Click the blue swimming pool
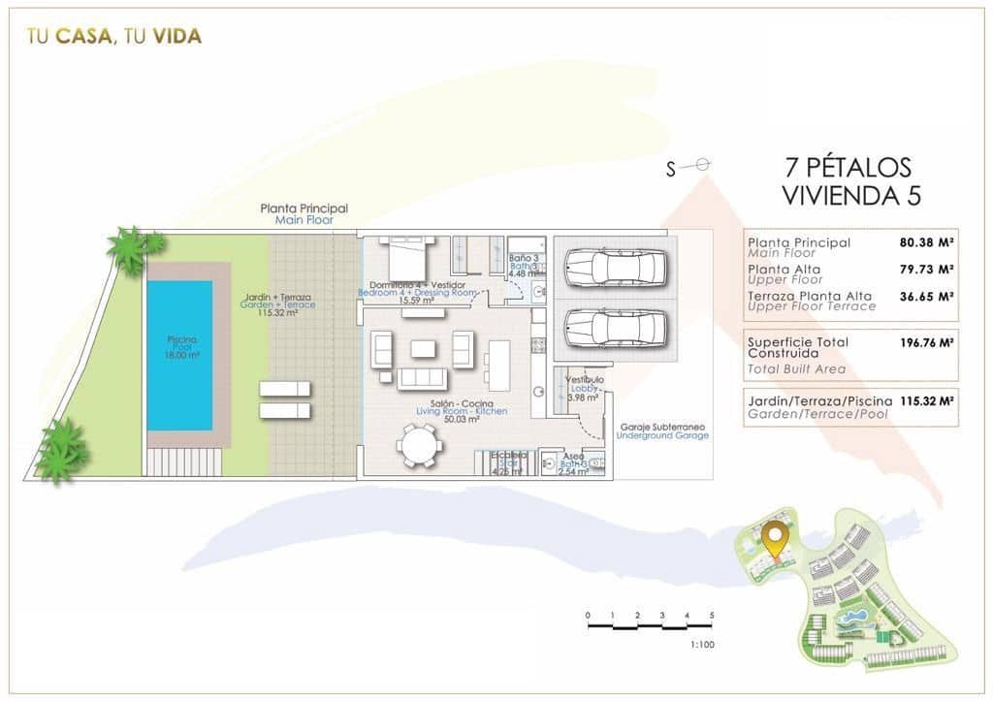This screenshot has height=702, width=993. pyautogui.click(x=179, y=354)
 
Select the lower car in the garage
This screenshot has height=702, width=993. pyautogui.click(x=615, y=327)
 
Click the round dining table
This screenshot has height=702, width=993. pyautogui.click(x=419, y=447)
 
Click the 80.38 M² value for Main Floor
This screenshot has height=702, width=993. pyautogui.click(x=927, y=242)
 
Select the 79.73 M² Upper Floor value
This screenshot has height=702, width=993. pyautogui.click(x=927, y=270)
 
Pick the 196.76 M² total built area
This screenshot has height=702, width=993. pyautogui.click(x=927, y=341)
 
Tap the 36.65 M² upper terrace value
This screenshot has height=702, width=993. pyautogui.click(x=927, y=296)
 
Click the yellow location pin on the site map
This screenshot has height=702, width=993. pyautogui.click(x=773, y=536)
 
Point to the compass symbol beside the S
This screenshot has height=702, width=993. pyautogui.click(x=703, y=166)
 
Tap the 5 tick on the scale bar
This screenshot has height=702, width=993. pyautogui.click(x=712, y=616)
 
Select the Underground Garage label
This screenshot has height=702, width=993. pyautogui.click(x=661, y=435)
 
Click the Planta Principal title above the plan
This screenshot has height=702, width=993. pyautogui.click(x=304, y=208)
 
